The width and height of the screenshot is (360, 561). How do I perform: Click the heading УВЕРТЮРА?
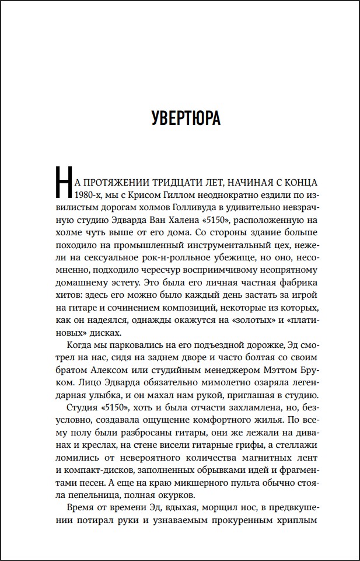186,117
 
